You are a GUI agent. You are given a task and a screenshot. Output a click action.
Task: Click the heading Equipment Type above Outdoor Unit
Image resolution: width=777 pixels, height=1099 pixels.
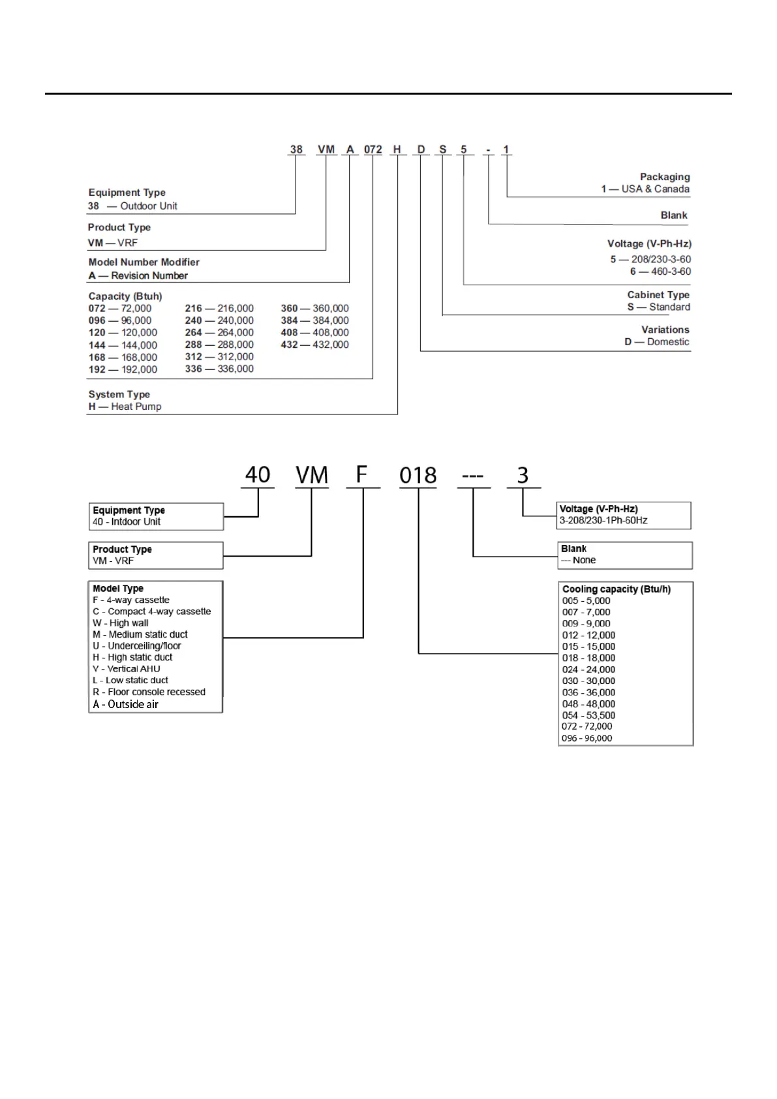click(127, 193)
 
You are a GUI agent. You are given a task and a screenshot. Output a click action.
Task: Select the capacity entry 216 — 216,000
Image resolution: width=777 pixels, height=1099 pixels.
click(219, 308)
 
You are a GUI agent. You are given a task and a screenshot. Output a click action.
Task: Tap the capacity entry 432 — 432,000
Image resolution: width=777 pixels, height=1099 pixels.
click(314, 345)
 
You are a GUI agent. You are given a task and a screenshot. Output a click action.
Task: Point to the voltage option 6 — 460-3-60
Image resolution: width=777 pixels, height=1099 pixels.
click(660, 271)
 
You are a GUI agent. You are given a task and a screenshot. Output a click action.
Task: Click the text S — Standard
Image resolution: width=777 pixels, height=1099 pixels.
click(658, 307)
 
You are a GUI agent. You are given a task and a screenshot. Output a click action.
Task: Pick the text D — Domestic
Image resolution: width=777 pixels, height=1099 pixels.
click(656, 342)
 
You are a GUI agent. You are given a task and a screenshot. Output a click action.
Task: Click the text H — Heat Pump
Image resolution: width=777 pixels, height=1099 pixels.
click(125, 407)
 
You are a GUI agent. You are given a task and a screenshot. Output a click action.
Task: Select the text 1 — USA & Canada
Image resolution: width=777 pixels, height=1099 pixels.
click(645, 189)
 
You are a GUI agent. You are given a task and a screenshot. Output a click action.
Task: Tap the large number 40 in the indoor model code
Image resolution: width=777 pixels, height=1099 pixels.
click(258, 475)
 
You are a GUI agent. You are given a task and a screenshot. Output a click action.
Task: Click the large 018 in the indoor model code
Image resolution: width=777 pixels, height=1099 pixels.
click(418, 475)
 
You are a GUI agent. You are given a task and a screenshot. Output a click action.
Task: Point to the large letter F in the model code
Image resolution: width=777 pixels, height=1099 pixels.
click(361, 474)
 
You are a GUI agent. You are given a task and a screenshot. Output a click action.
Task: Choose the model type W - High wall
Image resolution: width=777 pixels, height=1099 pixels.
click(121, 623)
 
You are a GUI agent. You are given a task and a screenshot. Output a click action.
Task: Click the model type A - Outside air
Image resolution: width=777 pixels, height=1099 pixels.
click(125, 704)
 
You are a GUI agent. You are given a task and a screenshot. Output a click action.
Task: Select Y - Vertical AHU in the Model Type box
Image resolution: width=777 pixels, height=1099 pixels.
click(126, 669)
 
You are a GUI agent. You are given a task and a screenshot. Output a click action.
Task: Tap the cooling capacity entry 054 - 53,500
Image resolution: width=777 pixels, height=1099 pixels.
click(588, 715)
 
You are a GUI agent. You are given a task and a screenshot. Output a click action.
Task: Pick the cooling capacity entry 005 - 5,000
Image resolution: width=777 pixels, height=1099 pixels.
click(586, 601)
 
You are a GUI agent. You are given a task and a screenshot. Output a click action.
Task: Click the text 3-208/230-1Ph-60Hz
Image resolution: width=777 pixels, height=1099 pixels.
click(603, 521)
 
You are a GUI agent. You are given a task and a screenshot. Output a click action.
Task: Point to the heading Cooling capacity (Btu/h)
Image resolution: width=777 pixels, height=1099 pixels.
click(616, 589)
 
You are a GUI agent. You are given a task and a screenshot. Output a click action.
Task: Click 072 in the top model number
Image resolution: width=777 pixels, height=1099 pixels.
click(373, 149)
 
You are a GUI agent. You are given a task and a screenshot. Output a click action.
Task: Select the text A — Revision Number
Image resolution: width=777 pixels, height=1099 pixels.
click(138, 276)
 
